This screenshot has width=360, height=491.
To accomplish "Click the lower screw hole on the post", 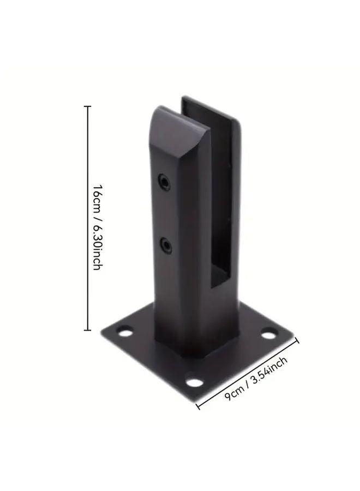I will tap(164, 243).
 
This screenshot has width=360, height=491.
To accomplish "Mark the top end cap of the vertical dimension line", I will tap(87, 106).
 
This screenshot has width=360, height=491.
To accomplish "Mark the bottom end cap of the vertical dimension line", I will tap(87, 330).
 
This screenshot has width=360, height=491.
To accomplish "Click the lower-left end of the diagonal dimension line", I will tap(197, 406).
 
